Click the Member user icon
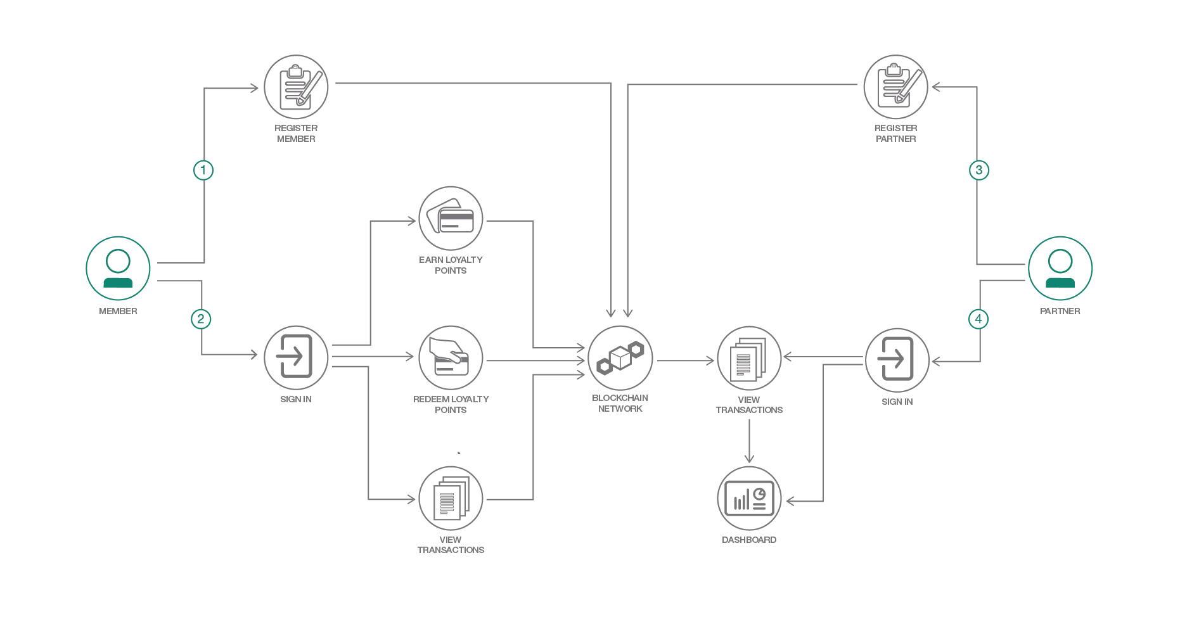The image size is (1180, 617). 118,268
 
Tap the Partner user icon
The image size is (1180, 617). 1060,268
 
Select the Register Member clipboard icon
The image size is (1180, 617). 296,87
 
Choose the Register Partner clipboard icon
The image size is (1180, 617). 895,87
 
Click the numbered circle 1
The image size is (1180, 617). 203,170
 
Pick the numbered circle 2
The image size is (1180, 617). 201,319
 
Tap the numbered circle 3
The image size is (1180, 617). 979,170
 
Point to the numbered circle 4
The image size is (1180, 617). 978,319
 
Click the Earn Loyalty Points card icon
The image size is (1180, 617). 451,218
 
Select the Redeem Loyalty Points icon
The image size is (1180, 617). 451,358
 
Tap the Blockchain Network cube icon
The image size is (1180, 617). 620,358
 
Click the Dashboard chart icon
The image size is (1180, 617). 749,499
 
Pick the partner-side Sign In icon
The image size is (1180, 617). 897,360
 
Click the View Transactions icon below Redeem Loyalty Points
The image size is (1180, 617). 451,499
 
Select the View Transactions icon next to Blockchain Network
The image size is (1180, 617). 749,359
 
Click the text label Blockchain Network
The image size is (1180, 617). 620,404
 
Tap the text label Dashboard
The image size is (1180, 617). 749,540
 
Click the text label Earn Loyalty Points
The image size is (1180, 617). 451,265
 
